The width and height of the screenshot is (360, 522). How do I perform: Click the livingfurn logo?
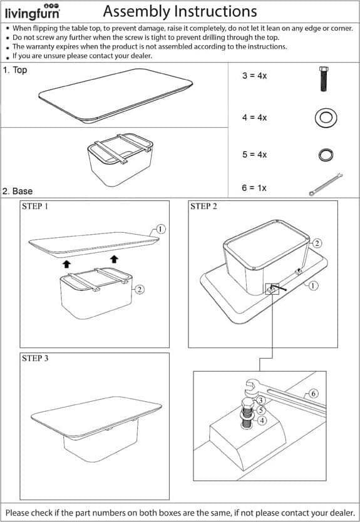(x=33, y=12)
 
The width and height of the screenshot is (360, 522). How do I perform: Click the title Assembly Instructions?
(x=180, y=12)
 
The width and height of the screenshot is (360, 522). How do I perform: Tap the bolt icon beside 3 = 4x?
(x=324, y=79)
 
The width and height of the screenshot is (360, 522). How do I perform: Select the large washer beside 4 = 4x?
(x=326, y=118)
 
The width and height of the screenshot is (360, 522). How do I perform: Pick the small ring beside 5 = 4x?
(x=325, y=155)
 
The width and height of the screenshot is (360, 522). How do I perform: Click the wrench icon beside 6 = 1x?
(x=326, y=184)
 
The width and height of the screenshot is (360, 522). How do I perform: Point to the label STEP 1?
(x=35, y=207)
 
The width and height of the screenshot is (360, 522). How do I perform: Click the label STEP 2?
(x=203, y=207)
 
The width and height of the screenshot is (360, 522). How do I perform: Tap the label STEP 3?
(x=35, y=359)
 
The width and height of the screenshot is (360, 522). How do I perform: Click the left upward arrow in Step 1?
(x=66, y=264)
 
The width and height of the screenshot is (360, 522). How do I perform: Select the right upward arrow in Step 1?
(x=114, y=258)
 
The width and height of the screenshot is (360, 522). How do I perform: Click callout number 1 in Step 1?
(x=160, y=229)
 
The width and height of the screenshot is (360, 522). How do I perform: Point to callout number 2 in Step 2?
(x=316, y=243)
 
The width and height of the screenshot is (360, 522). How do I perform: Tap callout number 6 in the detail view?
(x=314, y=394)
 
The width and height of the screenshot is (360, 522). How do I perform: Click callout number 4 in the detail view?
(x=262, y=421)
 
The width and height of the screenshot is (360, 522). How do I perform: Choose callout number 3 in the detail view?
(x=260, y=401)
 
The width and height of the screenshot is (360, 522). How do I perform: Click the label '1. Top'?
(x=15, y=70)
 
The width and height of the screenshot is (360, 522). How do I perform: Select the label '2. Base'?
(x=18, y=192)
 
